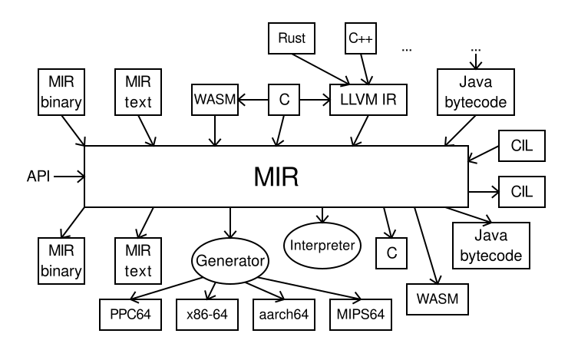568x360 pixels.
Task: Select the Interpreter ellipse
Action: click(x=322, y=246)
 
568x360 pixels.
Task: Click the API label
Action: click(x=37, y=177)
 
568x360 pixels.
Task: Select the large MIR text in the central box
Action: click(x=276, y=177)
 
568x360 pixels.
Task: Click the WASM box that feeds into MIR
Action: click(x=214, y=100)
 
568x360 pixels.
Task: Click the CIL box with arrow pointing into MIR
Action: click(x=521, y=145)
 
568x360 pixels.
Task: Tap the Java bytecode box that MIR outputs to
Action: click(x=490, y=245)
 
